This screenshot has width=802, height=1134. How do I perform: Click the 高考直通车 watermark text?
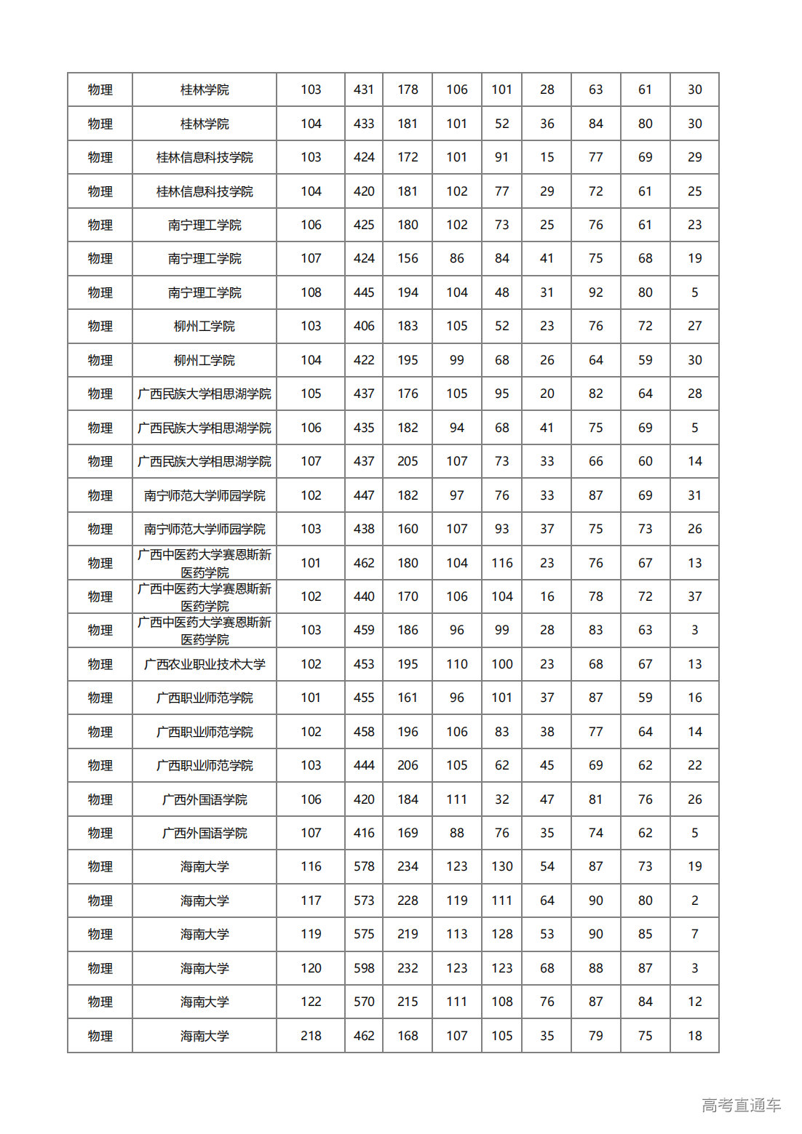coord(741,1106)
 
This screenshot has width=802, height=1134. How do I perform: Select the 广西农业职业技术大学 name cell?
coord(205,664)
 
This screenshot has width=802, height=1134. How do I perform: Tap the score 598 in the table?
coord(364,968)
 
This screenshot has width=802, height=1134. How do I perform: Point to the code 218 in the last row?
coord(311,1036)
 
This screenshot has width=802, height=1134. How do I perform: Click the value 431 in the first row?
coord(364,89)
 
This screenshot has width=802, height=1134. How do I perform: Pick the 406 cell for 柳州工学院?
coord(364,326)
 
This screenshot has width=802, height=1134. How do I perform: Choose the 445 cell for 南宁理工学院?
coord(364,292)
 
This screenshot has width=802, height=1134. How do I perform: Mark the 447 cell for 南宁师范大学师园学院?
coord(364,495)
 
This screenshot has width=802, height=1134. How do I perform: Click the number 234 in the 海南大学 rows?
coord(408,866)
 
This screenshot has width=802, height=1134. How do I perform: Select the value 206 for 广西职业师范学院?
coord(408,765)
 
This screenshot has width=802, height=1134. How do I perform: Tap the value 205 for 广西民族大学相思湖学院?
coord(408,461)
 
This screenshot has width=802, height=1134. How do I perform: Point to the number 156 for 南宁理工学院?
coord(408,258)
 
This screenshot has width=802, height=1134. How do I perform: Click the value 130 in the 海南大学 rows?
coord(502,866)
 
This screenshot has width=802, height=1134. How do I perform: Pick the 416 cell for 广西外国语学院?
coord(364,833)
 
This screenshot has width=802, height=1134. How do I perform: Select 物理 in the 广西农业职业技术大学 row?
coord(100,664)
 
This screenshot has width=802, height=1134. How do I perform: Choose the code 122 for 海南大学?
coord(311,1002)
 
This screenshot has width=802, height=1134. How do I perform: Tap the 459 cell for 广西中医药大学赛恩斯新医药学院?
coord(364,630)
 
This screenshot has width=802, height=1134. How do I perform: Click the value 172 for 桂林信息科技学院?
coord(408,157)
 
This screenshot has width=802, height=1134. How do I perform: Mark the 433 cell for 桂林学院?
coord(364,124)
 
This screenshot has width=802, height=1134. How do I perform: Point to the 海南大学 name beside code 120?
coord(205,968)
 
